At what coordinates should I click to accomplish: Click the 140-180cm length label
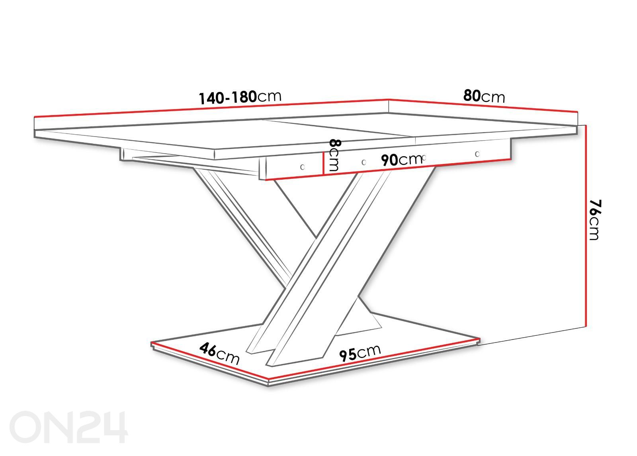click(x=240, y=97)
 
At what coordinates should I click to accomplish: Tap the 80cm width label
click(x=484, y=96)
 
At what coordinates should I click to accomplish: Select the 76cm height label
click(x=594, y=220)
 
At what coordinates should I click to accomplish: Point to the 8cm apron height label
click(x=334, y=155)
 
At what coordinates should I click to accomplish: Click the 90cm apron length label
click(x=402, y=160)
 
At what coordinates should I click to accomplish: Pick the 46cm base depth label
click(x=219, y=354)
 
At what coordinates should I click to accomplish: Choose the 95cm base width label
click(x=360, y=353)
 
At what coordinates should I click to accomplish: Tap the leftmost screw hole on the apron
click(x=302, y=167)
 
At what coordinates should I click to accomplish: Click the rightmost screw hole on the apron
click(x=477, y=154)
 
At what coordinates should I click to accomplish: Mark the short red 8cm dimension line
click(x=323, y=163)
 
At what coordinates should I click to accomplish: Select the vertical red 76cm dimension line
click(x=586, y=226)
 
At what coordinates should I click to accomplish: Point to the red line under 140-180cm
click(x=211, y=108)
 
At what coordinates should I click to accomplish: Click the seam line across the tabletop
click(x=338, y=128)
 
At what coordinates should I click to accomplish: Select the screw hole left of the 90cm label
click(x=364, y=162)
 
